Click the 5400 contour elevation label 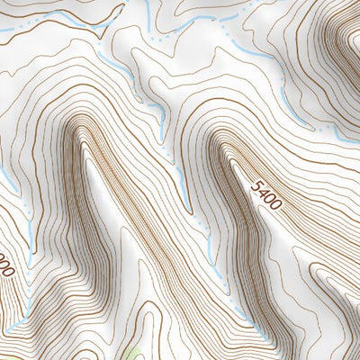pyautogui.click(x=267, y=194)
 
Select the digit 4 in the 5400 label pyautogui.click(x=264, y=191)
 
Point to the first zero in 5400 pyautogui.click(x=270, y=198)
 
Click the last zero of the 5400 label pyautogui.click(x=275, y=204)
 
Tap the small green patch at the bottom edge pyautogui.click(x=135, y=353)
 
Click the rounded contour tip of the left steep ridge pyautogui.click(x=81, y=126)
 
